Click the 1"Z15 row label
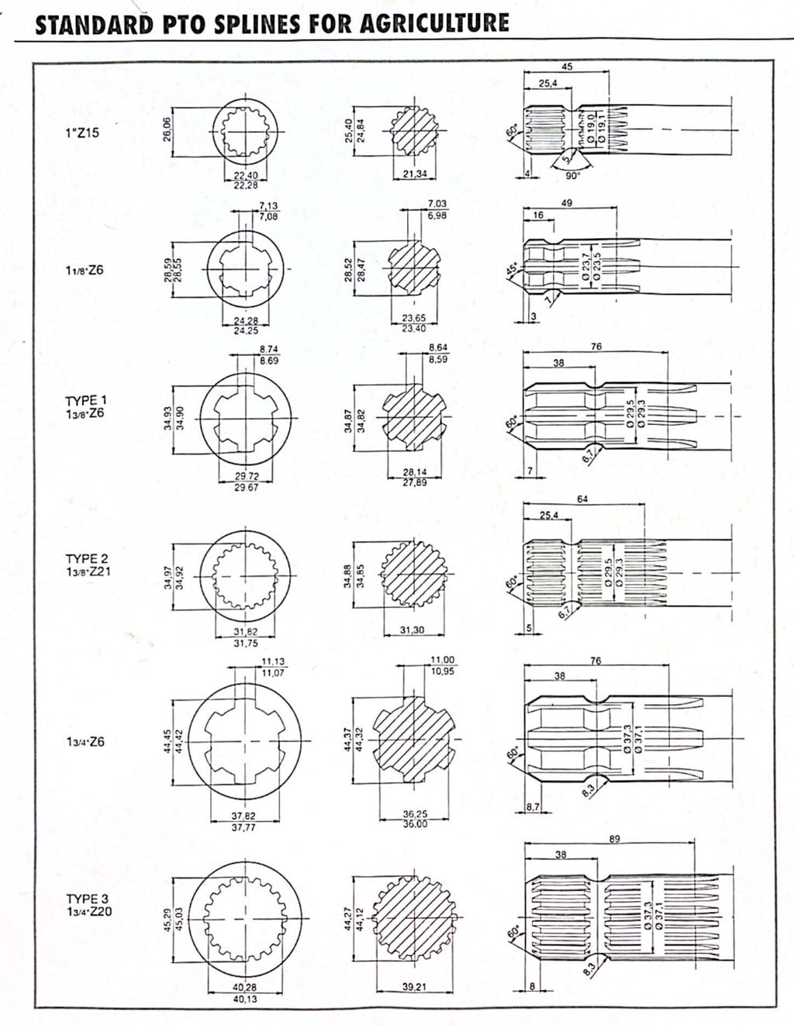(x=82, y=133)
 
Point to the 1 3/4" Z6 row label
(x=85, y=742)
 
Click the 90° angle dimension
(x=573, y=176)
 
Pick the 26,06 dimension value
(x=167, y=129)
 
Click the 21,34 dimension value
(x=416, y=174)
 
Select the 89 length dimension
(x=614, y=839)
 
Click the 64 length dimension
(x=582, y=500)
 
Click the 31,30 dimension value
(x=413, y=630)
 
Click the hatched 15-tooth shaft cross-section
(x=413, y=132)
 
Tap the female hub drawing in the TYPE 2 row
(x=245, y=577)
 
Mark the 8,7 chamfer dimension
(x=533, y=807)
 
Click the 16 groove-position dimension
(x=538, y=216)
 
